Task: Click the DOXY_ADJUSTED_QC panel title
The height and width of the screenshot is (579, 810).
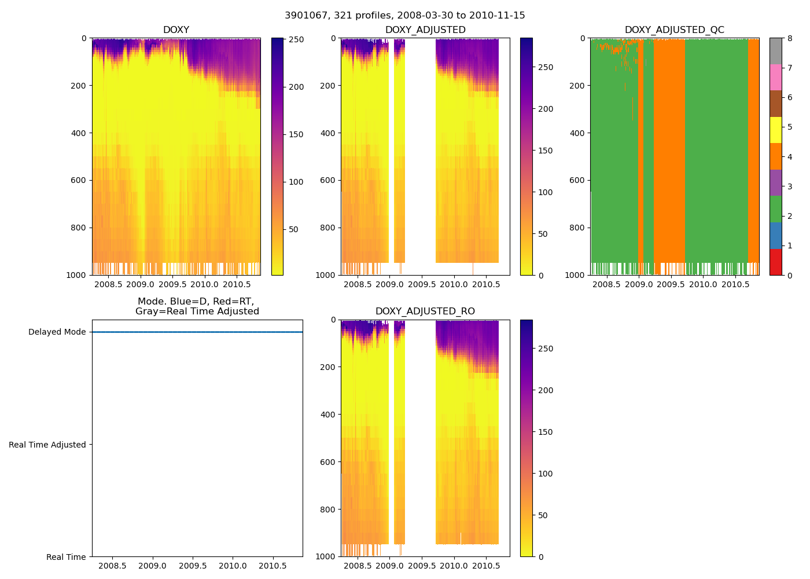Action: click(x=674, y=30)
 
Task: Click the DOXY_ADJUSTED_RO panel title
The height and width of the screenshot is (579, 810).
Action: click(x=425, y=312)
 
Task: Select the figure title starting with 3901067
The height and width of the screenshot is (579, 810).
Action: click(x=405, y=16)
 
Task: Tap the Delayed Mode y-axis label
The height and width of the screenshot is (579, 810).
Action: click(x=57, y=332)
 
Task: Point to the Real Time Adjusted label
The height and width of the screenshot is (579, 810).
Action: click(x=47, y=445)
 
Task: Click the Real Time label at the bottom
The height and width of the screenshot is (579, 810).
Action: click(x=66, y=557)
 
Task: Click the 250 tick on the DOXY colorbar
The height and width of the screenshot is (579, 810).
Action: click(x=296, y=39)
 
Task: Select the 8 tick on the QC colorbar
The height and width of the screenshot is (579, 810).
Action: click(x=789, y=39)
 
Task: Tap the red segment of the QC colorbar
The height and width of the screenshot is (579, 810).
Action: click(x=775, y=262)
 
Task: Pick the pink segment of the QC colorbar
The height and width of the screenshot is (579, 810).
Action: click(x=775, y=77)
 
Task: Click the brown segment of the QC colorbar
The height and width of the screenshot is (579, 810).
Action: click(x=775, y=104)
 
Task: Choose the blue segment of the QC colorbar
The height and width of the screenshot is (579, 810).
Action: click(x=775, y=235)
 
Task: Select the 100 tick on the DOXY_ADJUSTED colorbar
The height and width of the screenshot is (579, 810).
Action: click(x=546, y=192)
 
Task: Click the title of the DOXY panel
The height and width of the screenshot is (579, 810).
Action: click(x=176, y=30)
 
